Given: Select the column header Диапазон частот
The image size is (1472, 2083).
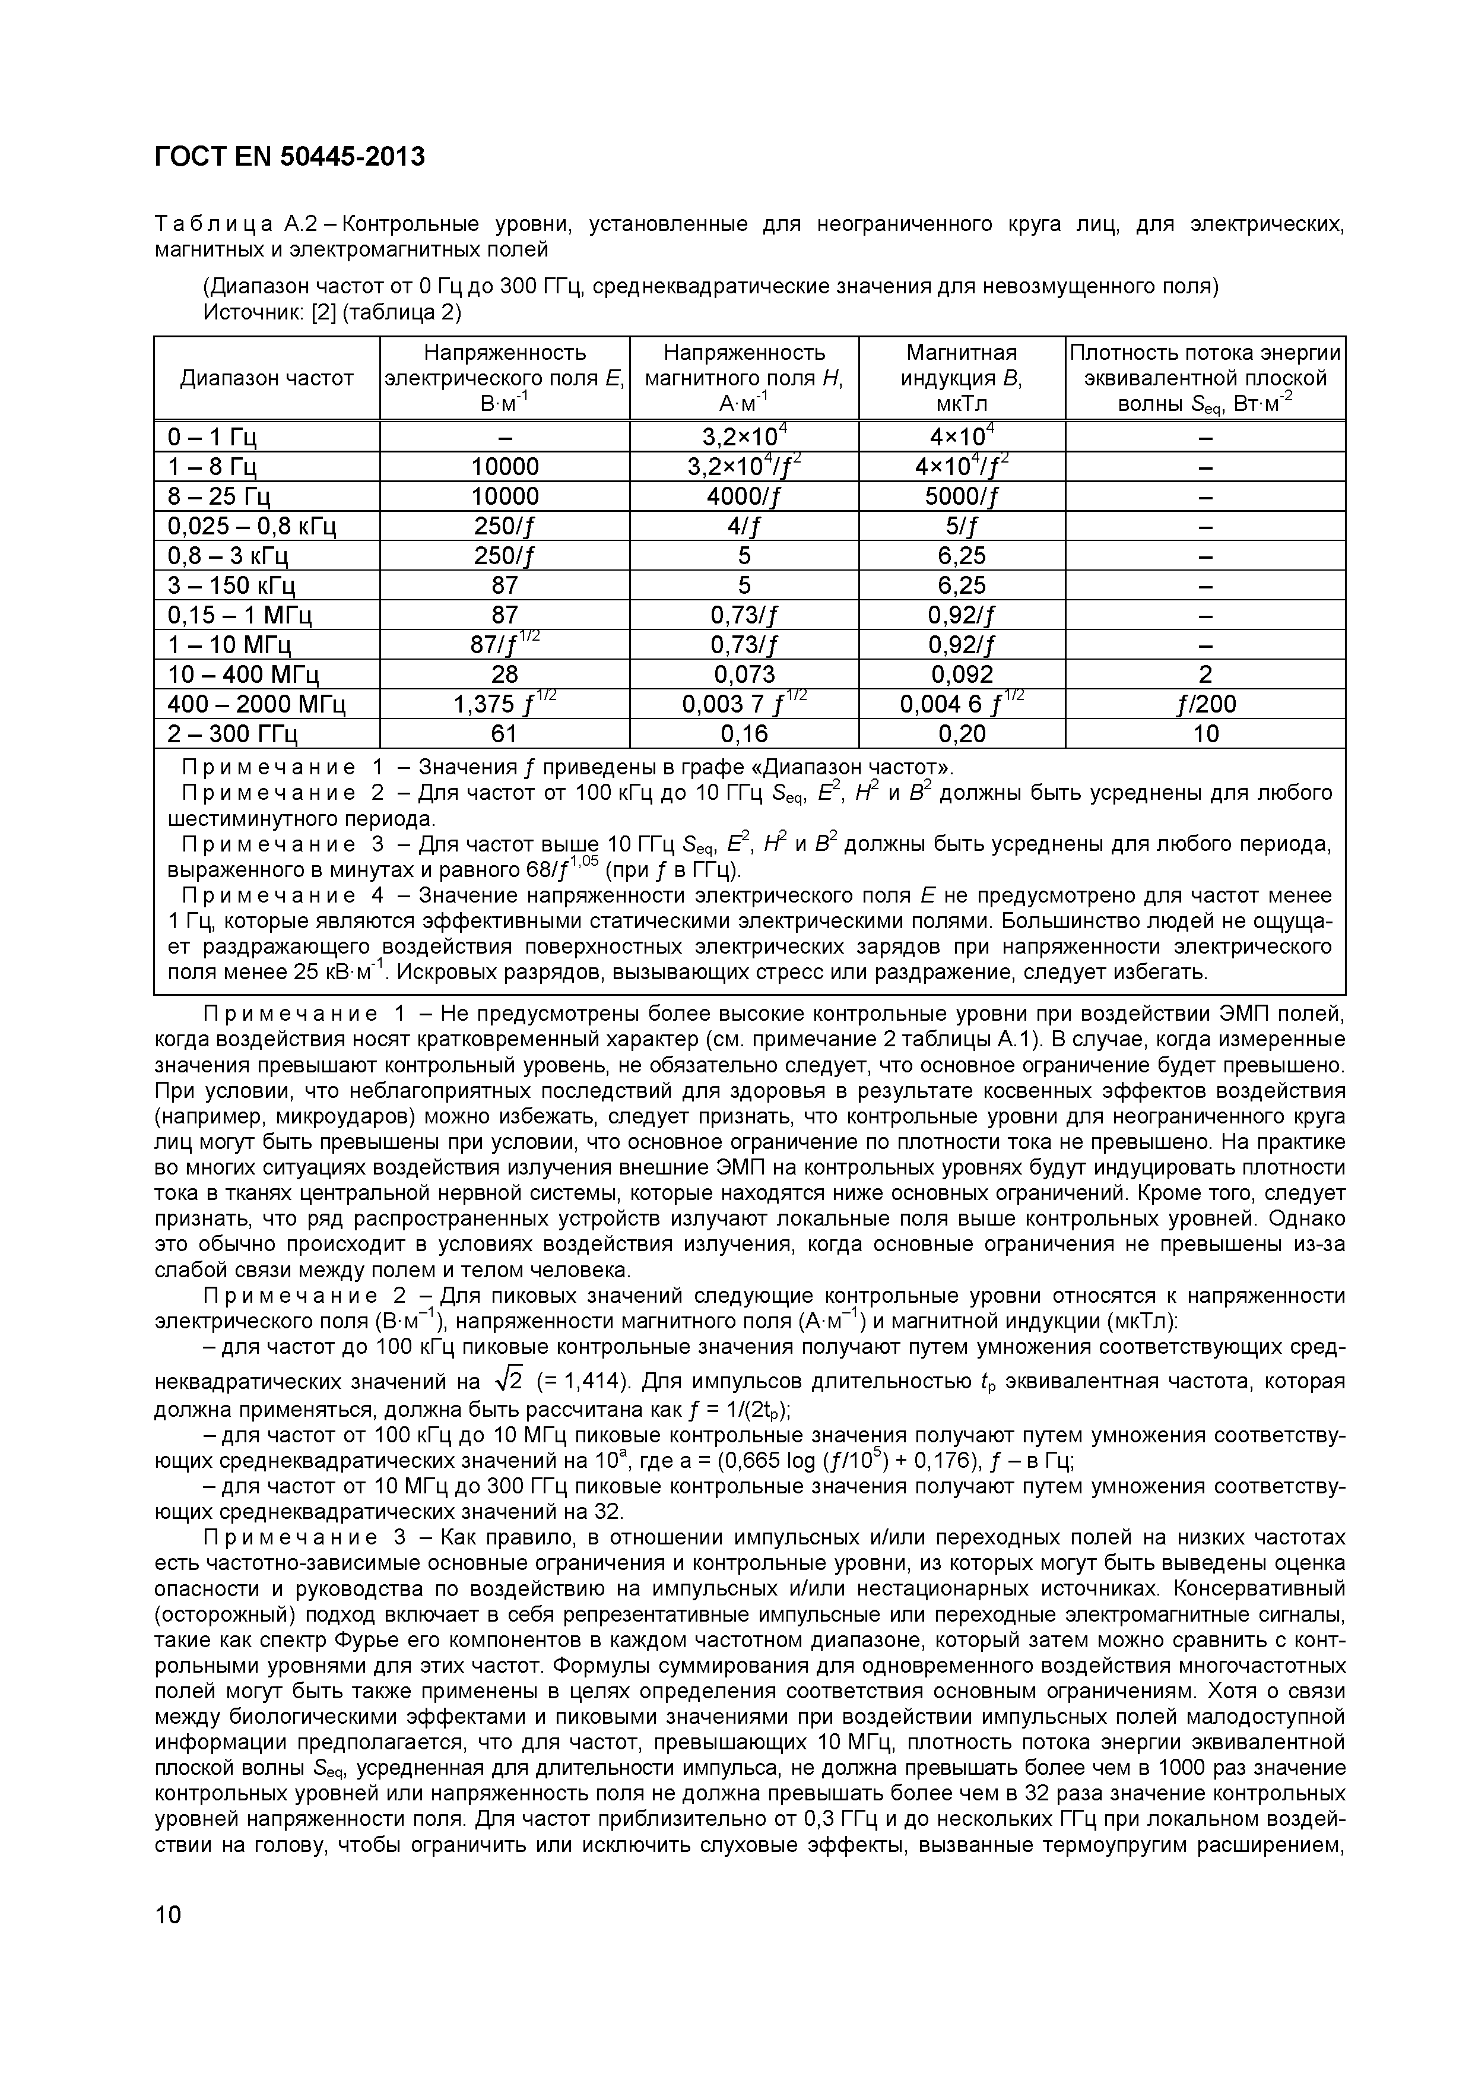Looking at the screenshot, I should [267, 378].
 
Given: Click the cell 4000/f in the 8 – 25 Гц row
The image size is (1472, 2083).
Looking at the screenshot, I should [744, 496].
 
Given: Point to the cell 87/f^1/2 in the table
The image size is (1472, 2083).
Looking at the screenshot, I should [505, 644].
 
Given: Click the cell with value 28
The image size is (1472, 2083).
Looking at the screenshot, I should [505, 674].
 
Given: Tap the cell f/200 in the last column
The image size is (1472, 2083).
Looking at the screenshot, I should [1204, 704].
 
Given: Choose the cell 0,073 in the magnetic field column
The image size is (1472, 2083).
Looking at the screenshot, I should [744, 674].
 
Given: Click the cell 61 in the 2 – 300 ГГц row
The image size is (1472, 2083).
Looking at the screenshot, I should [505, 734].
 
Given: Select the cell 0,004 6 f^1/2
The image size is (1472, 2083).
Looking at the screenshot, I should [962, 704].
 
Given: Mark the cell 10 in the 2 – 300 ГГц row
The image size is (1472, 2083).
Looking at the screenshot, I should [1204, 734].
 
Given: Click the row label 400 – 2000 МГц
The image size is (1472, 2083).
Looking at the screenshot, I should [256, 704].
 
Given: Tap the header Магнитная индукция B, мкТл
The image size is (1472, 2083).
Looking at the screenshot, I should [962, 378].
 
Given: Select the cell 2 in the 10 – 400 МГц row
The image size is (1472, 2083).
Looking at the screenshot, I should [1204, 674].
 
